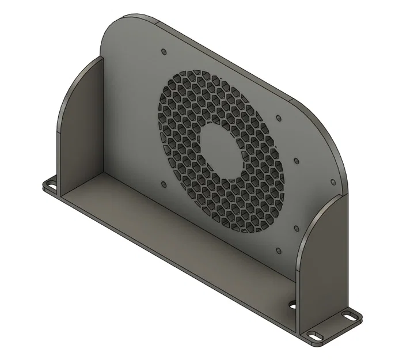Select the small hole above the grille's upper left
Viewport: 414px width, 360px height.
click(x=163, y=51)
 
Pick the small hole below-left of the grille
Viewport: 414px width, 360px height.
click(x=163, y=185)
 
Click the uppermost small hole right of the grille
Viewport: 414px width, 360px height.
click(x=279, y=119)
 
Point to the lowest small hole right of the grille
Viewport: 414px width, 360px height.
click(x=279, y=251)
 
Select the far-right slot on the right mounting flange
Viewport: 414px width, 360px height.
click(x=349, y=314)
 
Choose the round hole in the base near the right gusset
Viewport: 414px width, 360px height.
click(x=293, y=304)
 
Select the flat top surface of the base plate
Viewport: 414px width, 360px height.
click(x=173, y=230)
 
